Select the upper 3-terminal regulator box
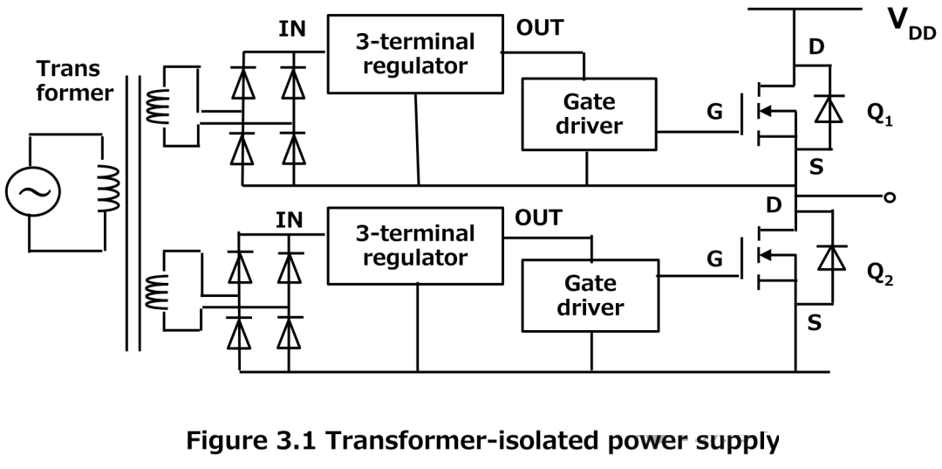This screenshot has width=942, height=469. (x=414, y=54)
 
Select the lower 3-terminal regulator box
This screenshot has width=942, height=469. (x=414, y=245)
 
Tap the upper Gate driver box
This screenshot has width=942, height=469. (x=588, y=113)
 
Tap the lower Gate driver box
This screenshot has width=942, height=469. (x=588, y=296)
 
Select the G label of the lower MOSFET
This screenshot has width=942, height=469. (x=714, y=259)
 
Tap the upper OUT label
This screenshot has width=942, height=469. (x=539, y=27)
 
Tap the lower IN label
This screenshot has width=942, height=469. (x=290, y=219)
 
